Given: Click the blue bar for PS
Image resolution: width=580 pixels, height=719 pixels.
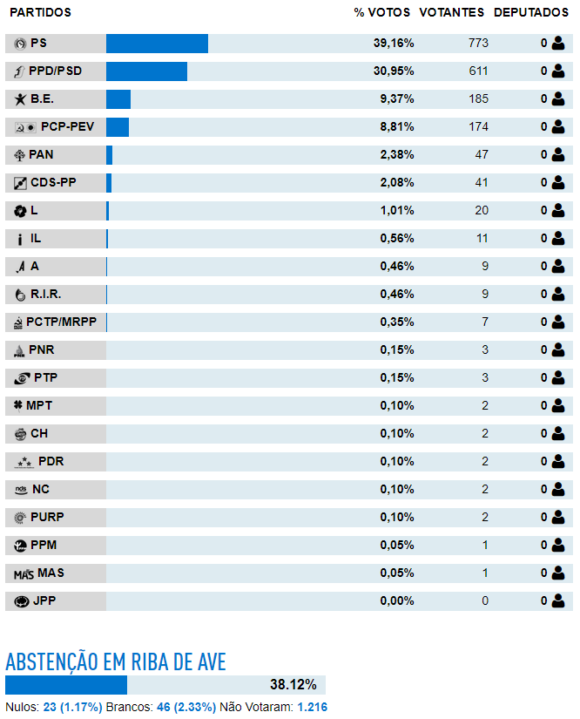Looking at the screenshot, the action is [157, 44].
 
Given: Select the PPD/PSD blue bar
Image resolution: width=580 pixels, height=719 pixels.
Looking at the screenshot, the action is [146, 71].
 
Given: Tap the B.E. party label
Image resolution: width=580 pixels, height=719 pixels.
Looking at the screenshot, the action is [42, 99].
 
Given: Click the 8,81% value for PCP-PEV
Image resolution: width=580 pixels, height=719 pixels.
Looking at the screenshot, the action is [397, 127].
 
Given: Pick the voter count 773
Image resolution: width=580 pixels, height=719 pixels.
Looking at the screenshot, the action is [478, 43].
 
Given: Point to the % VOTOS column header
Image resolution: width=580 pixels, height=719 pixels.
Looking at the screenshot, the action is [382, 12].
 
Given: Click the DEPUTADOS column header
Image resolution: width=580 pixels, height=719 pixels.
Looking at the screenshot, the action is [531, 12].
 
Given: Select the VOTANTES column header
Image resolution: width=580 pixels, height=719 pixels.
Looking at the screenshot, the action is [452, 12].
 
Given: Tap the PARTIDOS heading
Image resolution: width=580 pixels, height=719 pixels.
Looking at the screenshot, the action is [41, 12].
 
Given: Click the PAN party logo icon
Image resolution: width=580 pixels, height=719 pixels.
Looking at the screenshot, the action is [20, 155].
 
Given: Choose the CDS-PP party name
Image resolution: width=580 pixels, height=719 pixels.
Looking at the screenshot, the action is [54, 182].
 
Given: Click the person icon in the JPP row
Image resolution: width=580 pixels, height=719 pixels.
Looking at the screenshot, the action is [558, 600].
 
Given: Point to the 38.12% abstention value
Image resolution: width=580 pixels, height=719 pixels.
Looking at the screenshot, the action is [293, 685].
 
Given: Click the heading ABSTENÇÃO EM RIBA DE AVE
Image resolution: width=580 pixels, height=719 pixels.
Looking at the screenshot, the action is [116, 662].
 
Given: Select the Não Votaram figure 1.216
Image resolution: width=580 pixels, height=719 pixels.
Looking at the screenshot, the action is [313, 707].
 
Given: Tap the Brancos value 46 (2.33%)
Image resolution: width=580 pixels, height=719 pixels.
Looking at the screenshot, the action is [186, 707].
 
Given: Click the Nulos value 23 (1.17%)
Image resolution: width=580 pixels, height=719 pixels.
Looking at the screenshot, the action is [73, 707].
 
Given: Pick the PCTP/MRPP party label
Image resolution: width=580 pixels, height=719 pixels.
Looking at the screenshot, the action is [61, 322].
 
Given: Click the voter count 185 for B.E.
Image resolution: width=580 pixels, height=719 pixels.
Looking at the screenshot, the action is [478, 99].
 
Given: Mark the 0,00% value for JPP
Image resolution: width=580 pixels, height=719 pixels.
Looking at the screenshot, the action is [397, 600].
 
